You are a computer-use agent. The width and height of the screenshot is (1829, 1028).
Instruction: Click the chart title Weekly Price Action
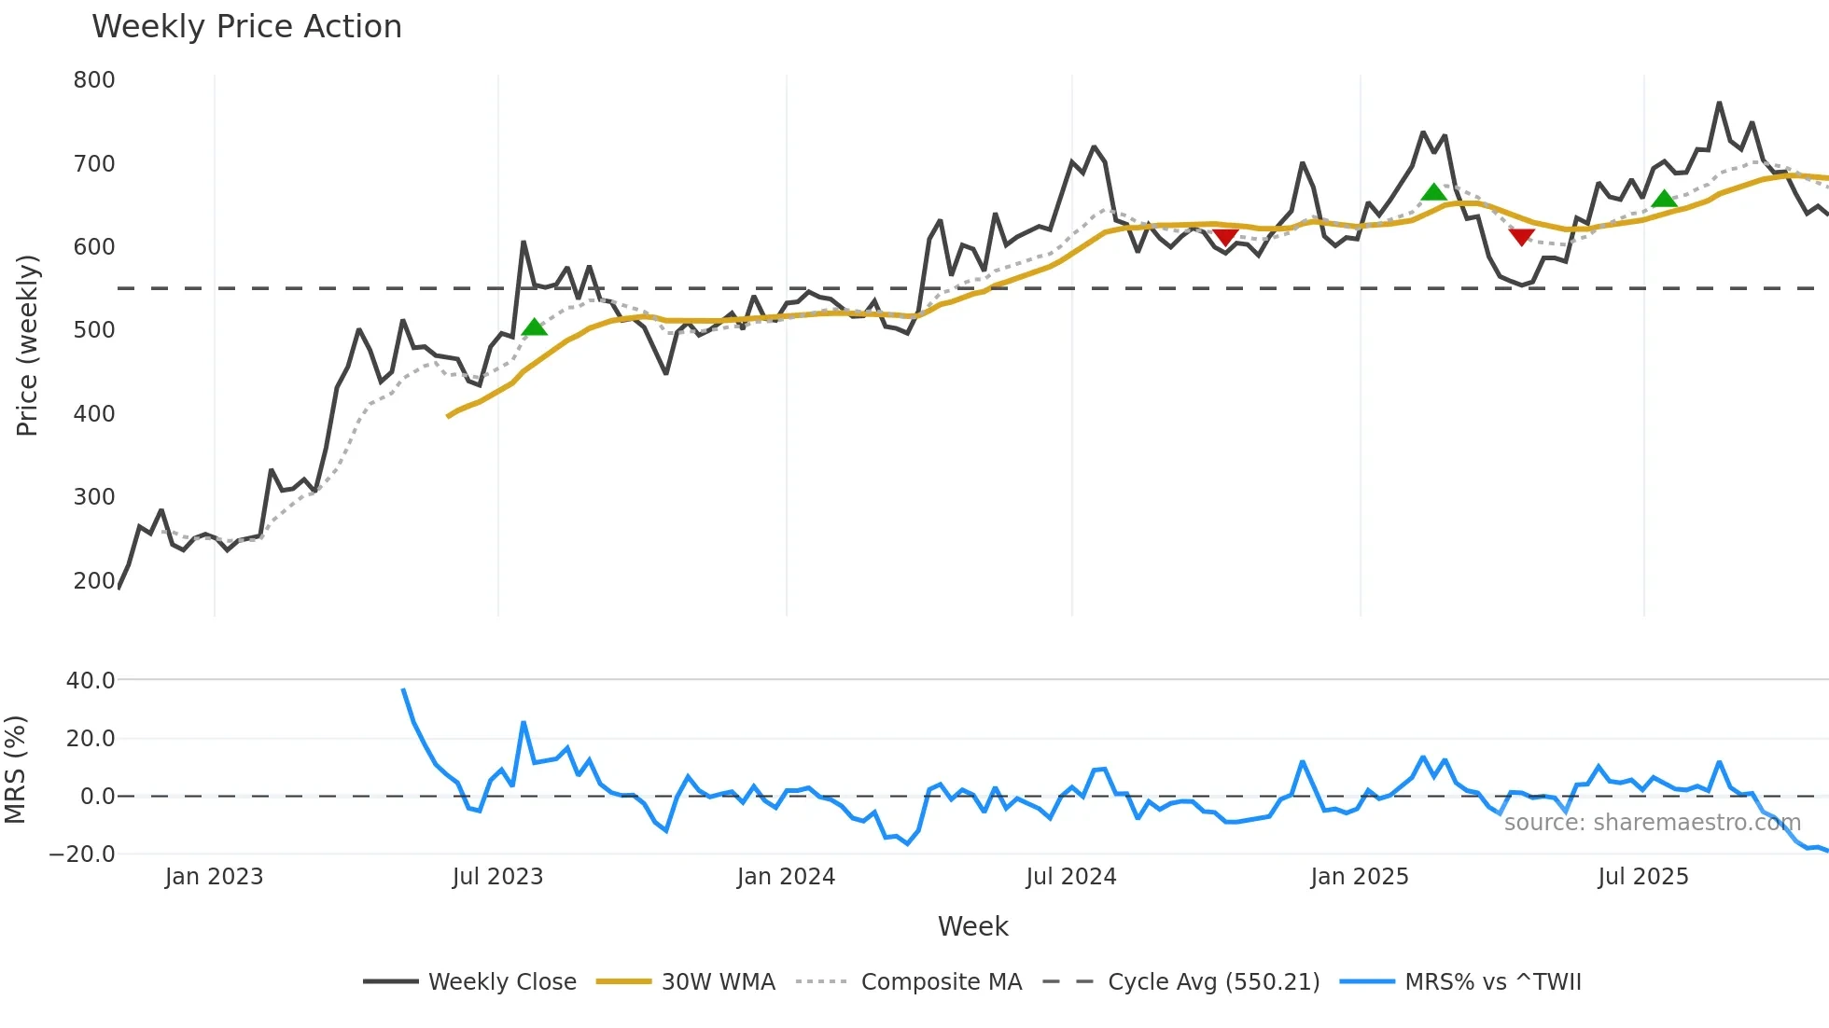tap(246, 27)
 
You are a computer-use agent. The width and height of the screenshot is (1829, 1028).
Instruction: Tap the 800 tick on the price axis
tap(94, 80)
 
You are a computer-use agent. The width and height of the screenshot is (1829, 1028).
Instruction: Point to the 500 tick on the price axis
tap(94, 330)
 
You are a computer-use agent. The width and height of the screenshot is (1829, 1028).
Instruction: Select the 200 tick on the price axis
tap(94, 580)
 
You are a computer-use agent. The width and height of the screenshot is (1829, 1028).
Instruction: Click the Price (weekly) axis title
tap(27, 345)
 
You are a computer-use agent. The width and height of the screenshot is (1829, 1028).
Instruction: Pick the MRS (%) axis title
tap(16, 770)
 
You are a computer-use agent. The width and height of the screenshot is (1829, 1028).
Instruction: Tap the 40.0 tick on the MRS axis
tap(91, 681)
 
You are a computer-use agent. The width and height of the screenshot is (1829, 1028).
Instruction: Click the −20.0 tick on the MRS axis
tap(82, 854)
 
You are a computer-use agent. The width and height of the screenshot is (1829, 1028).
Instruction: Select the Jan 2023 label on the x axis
tap(214, 877)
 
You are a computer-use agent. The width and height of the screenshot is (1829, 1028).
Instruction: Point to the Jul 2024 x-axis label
tap(1071, 877)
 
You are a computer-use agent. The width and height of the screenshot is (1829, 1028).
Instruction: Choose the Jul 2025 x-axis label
tap(1643, 877)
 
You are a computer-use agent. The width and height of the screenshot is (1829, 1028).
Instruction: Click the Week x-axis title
tap(972, 926)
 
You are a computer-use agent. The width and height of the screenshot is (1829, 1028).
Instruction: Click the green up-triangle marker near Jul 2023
tap(534, 326)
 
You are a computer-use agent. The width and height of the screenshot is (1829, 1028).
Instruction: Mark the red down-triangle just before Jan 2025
tap(1225, 237)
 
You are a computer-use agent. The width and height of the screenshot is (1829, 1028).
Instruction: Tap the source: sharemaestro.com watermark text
tap(1652, 823)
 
